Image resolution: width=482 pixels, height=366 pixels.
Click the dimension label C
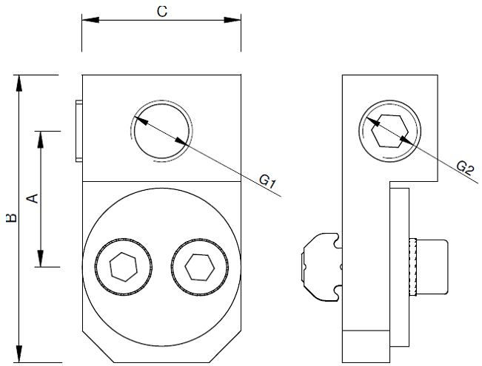click(x=161, y=12)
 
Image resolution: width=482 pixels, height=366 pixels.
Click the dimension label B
click(x=10, y=219)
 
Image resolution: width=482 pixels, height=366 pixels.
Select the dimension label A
click(x=31, y=197)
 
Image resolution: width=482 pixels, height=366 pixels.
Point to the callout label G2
click(x=464, y=167)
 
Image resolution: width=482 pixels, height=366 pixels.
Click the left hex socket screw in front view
click(x=124, y=267)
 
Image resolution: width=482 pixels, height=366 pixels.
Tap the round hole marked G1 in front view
click(x=162, y=129)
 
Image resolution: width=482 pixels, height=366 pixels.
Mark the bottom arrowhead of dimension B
click(x=21, y=356)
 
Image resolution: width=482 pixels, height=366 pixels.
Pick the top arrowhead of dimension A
click(x=41, y=138)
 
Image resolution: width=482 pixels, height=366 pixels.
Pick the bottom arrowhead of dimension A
click(x=41, y=260)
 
